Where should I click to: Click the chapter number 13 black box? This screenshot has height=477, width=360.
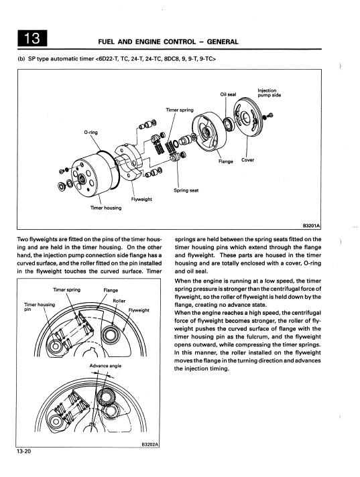point(32,38)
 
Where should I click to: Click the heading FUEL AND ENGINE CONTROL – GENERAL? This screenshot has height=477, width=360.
point(168,42)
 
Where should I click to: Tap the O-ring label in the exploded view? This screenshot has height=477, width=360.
point(91,133)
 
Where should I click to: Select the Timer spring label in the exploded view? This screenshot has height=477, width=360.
point(180,110)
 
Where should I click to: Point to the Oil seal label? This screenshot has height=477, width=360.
point(228,94)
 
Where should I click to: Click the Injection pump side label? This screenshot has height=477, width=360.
point(269,92)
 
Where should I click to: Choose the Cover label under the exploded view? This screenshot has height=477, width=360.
point(247,159)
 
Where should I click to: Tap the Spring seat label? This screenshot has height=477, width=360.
point(186,190)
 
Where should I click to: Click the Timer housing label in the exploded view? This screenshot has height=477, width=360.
point(106,208)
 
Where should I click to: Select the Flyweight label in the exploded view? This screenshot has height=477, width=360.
point(141,199)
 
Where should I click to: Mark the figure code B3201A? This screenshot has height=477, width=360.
point(311,225)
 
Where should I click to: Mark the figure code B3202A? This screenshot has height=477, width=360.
point(150,444)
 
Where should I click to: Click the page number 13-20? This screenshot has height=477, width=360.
point(23,451)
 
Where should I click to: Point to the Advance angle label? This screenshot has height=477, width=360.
point(105,366)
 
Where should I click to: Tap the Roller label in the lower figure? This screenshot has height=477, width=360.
point(119,301)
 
